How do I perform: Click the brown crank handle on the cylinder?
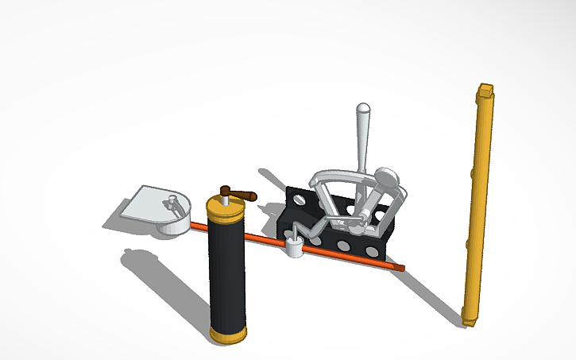click(238, 193)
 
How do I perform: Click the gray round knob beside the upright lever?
click(386, 177)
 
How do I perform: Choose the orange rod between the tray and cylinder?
click(199, 226)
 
